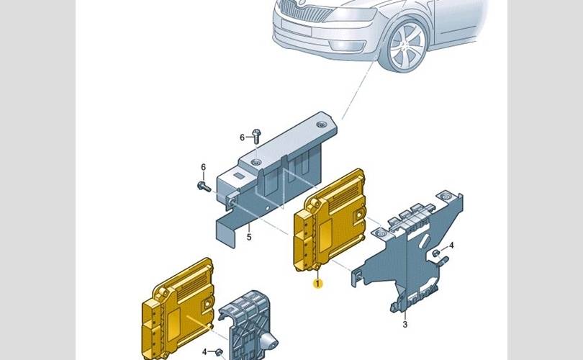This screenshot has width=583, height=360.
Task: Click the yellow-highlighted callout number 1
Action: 317,284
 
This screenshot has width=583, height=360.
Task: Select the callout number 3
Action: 405,324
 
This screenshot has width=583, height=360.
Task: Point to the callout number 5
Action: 249,237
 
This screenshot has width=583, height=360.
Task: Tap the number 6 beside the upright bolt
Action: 242,138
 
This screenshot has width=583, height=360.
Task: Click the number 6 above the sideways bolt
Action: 204,167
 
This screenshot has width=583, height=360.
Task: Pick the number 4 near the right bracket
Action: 451,245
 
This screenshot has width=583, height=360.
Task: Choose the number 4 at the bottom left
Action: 204,351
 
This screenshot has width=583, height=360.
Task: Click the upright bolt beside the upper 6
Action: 256,136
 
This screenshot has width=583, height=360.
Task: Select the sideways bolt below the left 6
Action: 204,186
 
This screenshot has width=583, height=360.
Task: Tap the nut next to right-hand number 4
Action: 436,253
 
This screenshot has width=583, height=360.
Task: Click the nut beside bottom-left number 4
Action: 219,351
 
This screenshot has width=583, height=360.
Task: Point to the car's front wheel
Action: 405,46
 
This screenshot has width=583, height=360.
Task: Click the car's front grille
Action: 303,10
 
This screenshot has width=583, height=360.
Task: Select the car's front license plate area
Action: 297,27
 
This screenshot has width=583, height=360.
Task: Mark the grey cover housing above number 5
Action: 275,175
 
